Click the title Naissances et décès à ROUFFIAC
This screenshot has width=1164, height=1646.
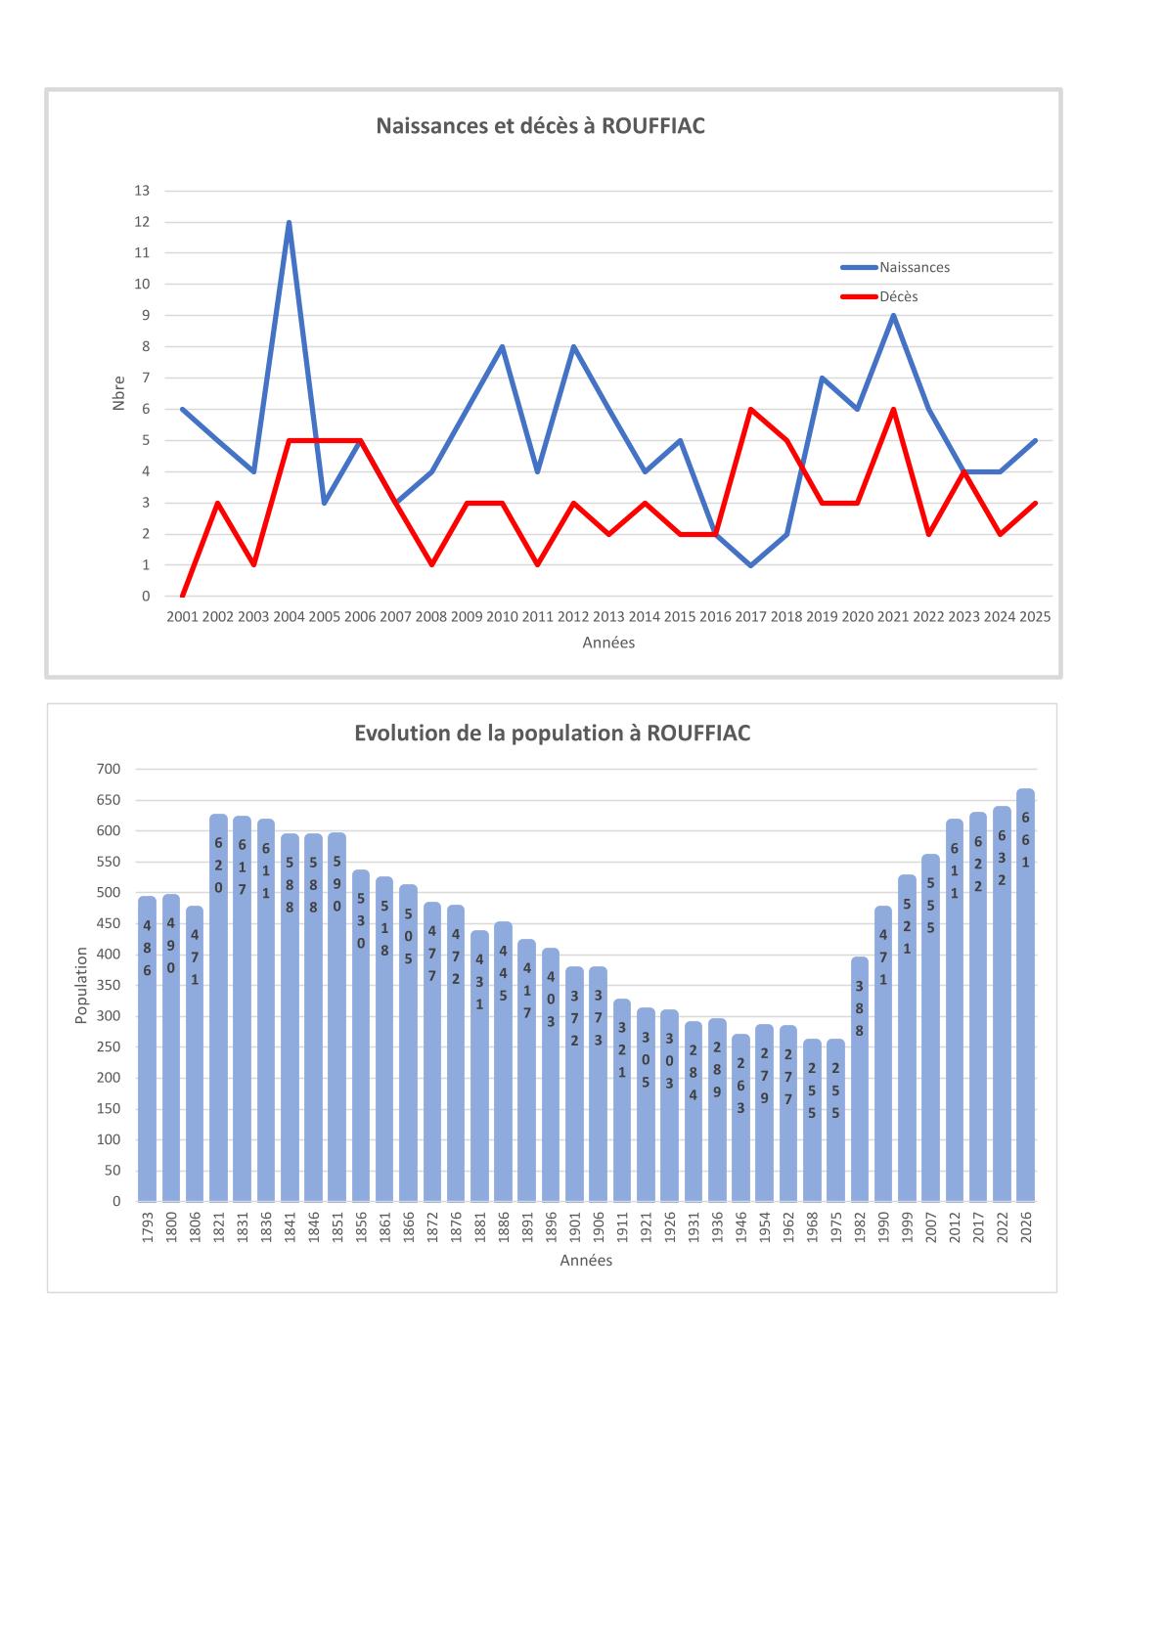tap(541, 126)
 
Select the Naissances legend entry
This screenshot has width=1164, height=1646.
tap(914, 267)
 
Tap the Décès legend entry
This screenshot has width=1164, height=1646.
tap(898, 296)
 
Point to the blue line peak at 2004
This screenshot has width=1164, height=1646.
tap(289, 222)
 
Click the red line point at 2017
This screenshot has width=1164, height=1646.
tap(750, 410)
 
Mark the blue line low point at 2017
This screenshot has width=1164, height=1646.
tap(750, 565)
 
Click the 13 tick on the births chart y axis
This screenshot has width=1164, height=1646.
tap(142, 191)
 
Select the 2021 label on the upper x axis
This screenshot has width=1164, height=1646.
tap(892, 617)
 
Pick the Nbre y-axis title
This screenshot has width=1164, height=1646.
tap(118, 393)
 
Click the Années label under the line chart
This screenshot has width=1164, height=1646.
tap(608, 643)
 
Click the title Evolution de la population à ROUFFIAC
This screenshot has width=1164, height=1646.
tap(552, 734)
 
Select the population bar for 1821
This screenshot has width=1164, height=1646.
tap(218, 1007)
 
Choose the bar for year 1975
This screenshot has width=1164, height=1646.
tap(835, 1120)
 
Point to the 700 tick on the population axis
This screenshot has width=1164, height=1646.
tap(109, 770)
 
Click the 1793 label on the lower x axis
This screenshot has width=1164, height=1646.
tap(148, 1226)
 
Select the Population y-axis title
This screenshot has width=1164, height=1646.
tap(82, 986)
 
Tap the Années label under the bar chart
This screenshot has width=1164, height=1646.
tap(586, 1261)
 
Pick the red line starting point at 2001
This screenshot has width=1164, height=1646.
tap(182, 596)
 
